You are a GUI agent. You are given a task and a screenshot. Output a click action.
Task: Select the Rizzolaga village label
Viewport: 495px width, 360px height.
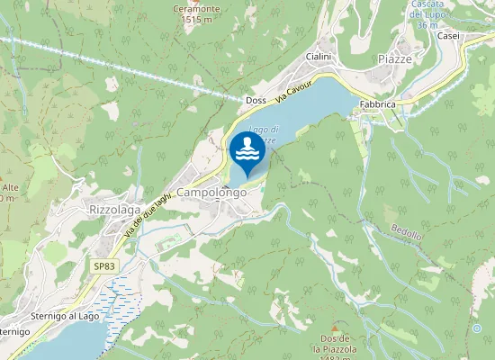click(115, 210)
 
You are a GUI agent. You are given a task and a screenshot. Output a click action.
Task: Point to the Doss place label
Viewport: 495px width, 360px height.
click(256, 101)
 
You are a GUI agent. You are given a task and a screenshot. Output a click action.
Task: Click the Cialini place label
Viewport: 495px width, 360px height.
click(319, 56)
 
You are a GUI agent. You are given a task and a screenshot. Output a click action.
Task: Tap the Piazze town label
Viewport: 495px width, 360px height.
click(395, 58)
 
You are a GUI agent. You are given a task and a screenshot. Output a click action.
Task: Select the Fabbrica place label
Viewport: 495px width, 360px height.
click(378, 104)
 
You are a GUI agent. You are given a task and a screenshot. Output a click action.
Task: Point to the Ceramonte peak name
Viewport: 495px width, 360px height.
click(196, 7)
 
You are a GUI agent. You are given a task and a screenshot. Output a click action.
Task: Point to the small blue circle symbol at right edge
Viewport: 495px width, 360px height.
click(477, 328)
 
